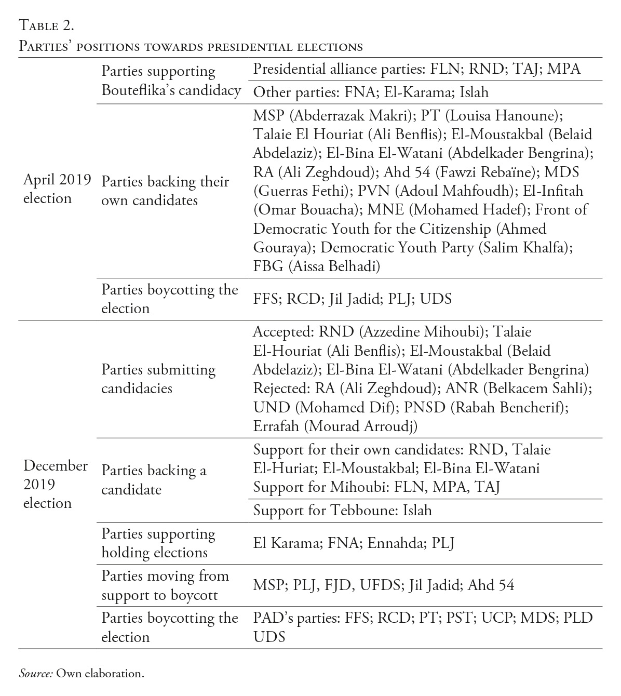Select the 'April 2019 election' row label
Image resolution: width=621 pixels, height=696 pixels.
[x=57, y=189]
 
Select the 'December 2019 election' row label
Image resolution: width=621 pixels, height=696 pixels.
[x=55, y=484]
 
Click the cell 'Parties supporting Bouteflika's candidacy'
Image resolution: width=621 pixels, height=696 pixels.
[x=171, y=81]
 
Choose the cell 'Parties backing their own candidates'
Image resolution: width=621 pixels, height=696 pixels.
[x=165, y=191]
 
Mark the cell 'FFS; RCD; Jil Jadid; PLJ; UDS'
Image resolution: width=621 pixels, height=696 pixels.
[x=352, y=299]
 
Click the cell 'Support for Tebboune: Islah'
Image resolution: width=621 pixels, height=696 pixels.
[x=342, y=511]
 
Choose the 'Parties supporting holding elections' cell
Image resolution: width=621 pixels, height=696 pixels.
[x=158, y=543]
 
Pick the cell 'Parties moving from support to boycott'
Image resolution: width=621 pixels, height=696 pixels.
[x=165, y=585]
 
